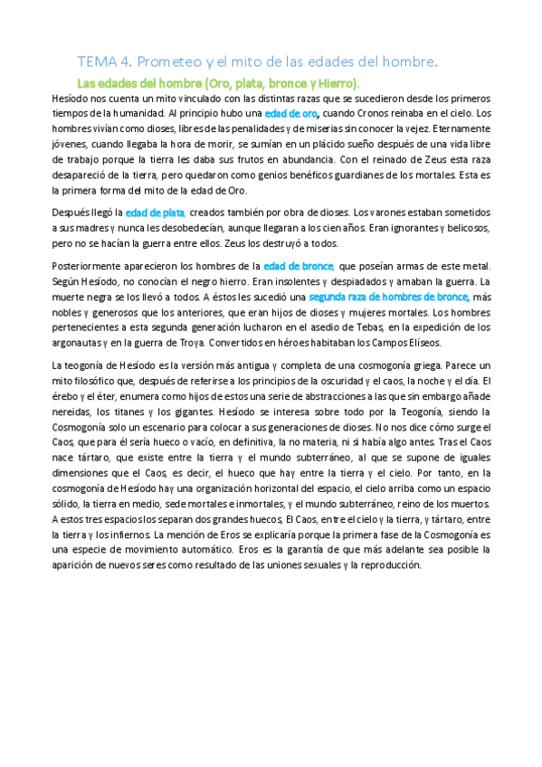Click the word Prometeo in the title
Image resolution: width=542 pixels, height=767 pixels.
tap(172, 62)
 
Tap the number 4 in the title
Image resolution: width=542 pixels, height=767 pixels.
tap(125, 62)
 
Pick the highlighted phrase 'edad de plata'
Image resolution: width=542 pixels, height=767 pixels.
tap(156, 213)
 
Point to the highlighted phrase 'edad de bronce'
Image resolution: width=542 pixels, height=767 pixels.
tap(299, 265)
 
